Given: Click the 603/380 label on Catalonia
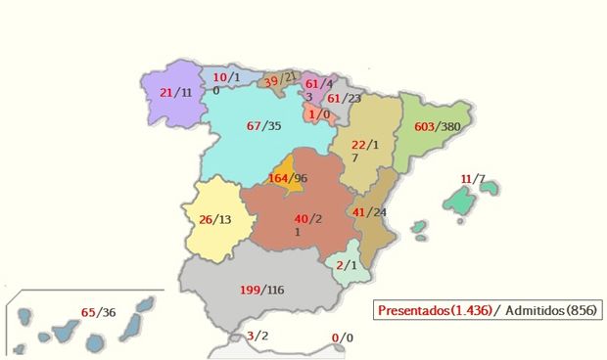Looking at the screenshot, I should coord(438,127).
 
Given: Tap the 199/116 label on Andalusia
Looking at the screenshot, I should coord(261,291).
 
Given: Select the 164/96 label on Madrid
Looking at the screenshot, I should coord(288,179).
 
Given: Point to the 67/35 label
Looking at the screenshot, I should coord(264,126).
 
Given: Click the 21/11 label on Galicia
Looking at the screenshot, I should coord(175,92).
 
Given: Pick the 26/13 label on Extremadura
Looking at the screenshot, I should coord(216,219).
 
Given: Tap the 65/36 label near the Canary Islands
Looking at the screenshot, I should coord(99,312).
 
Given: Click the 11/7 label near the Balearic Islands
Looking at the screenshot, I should coord(473,179).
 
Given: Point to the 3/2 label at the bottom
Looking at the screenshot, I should coord(257,337).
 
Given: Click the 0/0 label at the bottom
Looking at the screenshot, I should coord(341,338).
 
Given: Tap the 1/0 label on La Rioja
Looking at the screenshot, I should coord(318,114).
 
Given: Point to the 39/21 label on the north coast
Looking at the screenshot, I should coord(280,78).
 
